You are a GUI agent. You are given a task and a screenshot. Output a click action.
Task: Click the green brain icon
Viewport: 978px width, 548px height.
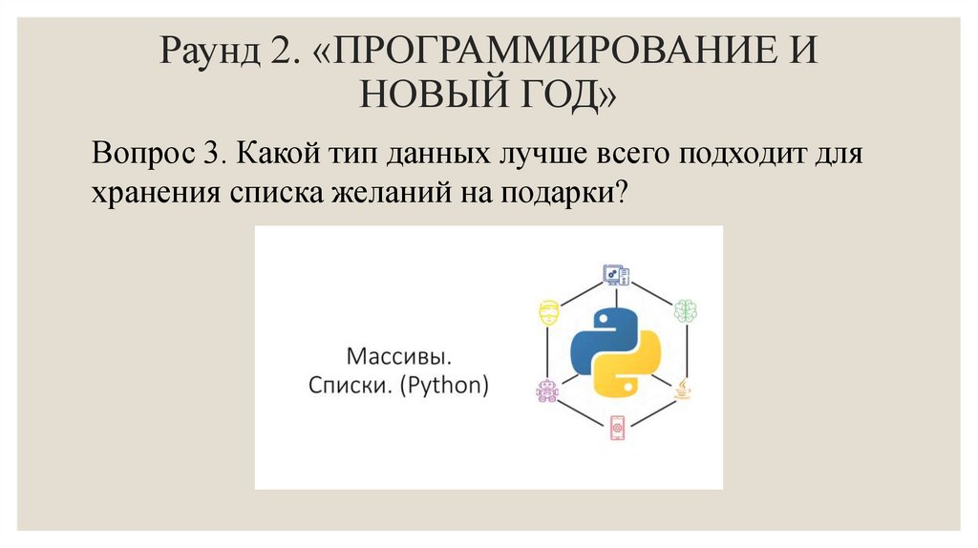[686, 310]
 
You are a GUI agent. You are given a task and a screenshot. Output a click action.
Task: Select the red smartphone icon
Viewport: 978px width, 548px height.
[617, 428]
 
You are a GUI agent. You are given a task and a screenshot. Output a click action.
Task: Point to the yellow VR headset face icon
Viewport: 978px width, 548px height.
[548, 312]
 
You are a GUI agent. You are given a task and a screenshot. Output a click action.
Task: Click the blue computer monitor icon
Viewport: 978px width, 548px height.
[616, 275]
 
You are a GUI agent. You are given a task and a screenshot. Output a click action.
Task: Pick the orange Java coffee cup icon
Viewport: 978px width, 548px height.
[685, 389]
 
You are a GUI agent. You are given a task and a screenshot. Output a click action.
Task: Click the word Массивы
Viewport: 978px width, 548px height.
[398, 359]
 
